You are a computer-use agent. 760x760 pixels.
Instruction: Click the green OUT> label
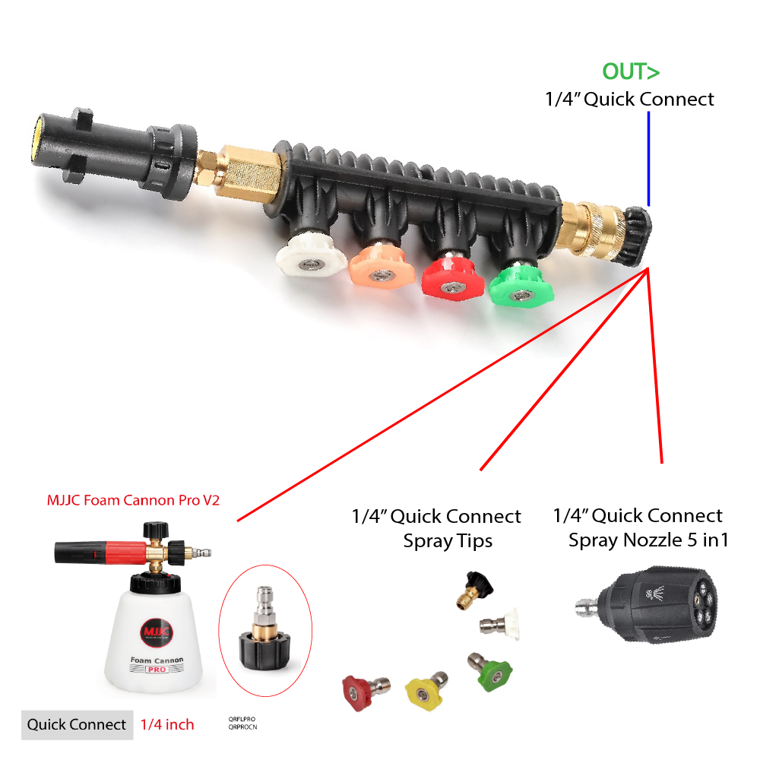[x=631, y=72]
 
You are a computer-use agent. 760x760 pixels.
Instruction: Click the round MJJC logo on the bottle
[x=157, y=632]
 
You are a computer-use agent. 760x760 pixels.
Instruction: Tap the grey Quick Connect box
[x=77, y=724]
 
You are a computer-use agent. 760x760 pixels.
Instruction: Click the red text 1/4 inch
[x=167, y=724]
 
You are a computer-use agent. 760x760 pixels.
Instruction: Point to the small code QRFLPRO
[x=241, y=718]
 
